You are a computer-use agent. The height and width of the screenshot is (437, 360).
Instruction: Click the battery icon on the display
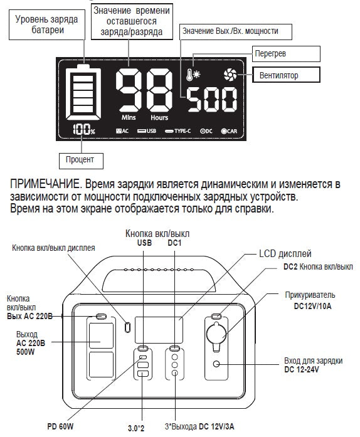83,92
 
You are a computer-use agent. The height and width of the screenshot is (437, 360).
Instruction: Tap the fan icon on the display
230,75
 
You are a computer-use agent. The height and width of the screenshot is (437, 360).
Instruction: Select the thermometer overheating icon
193,74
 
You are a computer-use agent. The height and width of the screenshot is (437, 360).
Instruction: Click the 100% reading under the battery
83,130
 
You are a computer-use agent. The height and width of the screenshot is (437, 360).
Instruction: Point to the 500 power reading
212,99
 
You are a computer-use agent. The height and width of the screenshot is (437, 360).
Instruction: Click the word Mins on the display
129,117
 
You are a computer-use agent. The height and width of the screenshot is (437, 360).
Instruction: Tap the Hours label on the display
159,118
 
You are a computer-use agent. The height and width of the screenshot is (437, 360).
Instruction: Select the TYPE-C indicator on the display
177,131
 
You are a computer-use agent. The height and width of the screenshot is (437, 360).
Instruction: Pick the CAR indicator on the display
229,131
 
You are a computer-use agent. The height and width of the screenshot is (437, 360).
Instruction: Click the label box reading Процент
81,161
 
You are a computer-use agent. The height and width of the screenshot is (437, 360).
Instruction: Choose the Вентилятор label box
286,75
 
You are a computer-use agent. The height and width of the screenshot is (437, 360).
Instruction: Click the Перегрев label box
286,54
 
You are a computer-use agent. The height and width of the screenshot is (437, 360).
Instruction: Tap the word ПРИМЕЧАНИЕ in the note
45,184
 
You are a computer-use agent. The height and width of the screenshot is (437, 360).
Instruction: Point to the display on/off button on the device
127,327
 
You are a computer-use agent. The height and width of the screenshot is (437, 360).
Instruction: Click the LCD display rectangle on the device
159,330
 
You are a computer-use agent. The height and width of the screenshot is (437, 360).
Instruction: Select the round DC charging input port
216,364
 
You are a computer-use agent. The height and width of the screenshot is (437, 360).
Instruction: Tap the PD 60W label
60,426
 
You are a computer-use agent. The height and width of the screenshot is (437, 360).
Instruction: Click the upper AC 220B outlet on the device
101,335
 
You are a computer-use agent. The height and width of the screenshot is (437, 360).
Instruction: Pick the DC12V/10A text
312,307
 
